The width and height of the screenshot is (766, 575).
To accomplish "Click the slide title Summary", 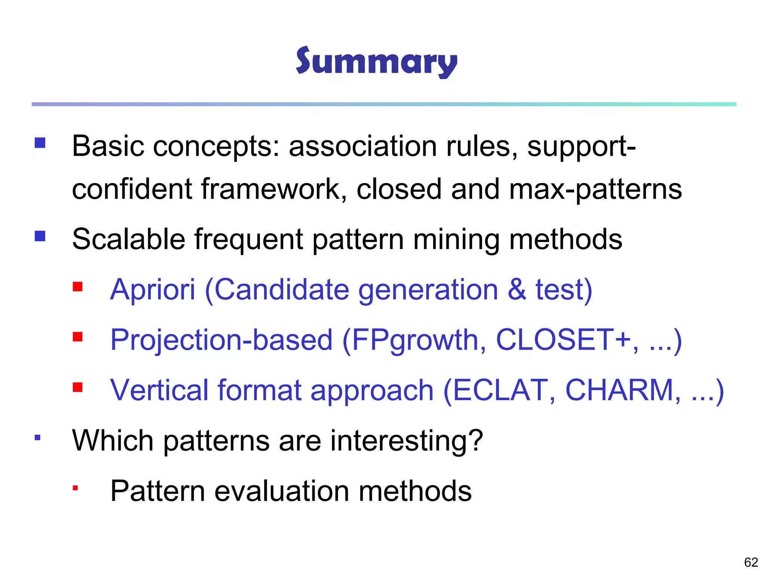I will [376, 62].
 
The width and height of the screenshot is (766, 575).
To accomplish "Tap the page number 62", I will [751, 562].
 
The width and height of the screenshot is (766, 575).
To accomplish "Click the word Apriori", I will [153, 290].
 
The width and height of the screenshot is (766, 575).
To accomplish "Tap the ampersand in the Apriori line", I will [517, 290].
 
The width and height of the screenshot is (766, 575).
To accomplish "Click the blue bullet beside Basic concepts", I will [40, 143].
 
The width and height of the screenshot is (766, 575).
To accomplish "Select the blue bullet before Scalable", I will [40, 236].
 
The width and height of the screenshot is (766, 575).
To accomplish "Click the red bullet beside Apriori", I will [78, 287].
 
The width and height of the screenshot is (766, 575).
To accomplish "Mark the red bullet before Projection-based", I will [78, 337].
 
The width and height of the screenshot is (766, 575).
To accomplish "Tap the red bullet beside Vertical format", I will [78, 387].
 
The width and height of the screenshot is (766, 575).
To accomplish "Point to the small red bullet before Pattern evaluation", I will [76, 488].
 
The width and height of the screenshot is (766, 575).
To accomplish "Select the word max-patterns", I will [595, 189].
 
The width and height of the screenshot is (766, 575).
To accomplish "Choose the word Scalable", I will [129, 239].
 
